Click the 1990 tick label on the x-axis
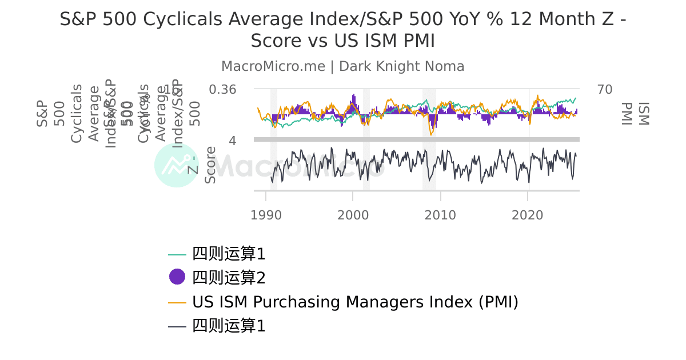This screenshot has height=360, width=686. click(266, 215)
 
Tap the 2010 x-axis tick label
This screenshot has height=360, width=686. click(440, 215)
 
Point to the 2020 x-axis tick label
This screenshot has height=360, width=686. click(527, 215)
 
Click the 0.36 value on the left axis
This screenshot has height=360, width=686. click(222, 90)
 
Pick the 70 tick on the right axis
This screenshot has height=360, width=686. click(605, 90)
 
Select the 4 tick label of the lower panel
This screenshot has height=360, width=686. click(233, 141)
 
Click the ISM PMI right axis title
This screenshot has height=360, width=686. click(635, 113)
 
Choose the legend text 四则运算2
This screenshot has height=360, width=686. click(229, 278)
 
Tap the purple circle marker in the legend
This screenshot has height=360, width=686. click(177, 277)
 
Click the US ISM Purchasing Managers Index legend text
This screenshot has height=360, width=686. click(355, 302)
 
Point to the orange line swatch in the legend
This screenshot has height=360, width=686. click(177, 302)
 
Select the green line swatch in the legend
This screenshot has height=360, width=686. click(177, 254)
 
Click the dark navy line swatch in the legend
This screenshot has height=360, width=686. click(177, 327)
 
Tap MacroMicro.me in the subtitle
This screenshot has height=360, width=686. click(273, 66)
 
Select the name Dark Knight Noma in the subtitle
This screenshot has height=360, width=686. click(402, 66)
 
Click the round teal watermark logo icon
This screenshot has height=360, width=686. click(176, 165)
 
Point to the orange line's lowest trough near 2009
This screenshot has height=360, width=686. click(432, 134)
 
